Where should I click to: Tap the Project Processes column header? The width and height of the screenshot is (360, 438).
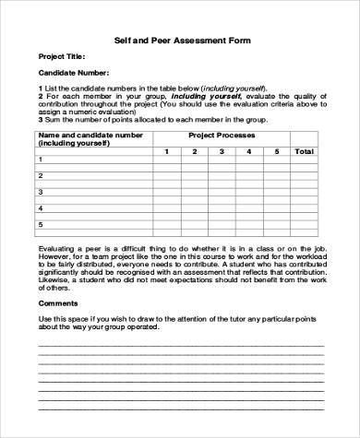click(x=222, y=136)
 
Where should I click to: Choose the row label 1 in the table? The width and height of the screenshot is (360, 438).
click(x=41, y=160)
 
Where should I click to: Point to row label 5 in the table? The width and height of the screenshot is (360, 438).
click(x=41, y=224)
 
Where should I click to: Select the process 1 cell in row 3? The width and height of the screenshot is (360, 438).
click(x=166, y=192)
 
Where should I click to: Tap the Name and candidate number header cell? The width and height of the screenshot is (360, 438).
click(x=90, y=139)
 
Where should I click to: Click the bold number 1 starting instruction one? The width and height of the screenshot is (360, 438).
click(x=41, y=87)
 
